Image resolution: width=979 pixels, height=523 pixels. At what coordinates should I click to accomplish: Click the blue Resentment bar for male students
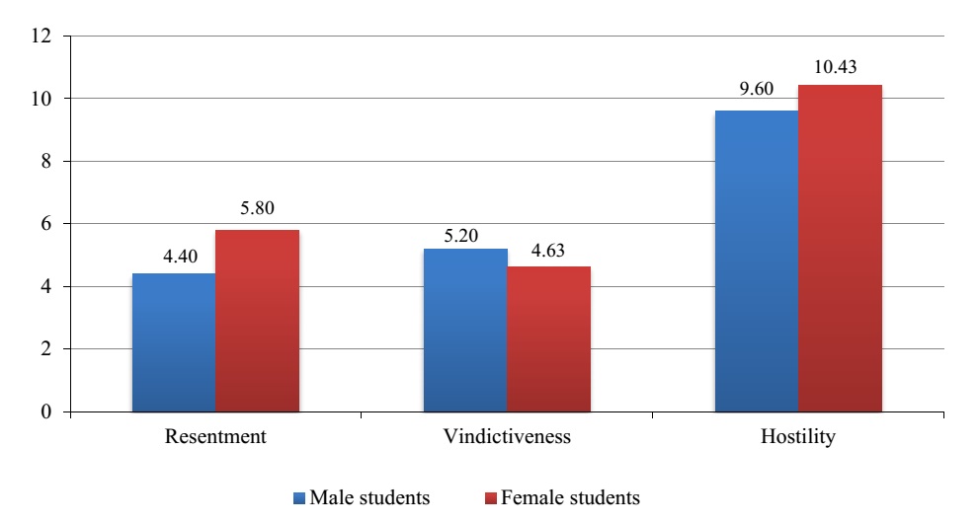173,342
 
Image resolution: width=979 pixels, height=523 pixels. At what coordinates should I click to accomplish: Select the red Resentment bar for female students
257,321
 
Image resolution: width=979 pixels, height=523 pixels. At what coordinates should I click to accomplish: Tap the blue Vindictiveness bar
465,330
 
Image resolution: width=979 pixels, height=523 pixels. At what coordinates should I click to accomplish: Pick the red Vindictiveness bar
549,338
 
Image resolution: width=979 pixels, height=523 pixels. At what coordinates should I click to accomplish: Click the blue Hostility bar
756,261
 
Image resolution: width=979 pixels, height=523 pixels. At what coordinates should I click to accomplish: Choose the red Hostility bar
840,248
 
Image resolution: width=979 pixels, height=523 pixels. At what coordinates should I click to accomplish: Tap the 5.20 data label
465,236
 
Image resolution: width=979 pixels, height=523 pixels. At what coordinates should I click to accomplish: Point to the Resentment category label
215,436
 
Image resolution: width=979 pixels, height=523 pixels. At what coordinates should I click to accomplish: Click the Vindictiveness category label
508,436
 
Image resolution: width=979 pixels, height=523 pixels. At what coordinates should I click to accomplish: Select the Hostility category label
798,436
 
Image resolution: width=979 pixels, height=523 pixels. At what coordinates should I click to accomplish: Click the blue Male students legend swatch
300,497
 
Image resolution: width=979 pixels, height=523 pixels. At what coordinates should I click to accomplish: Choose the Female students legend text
571,497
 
